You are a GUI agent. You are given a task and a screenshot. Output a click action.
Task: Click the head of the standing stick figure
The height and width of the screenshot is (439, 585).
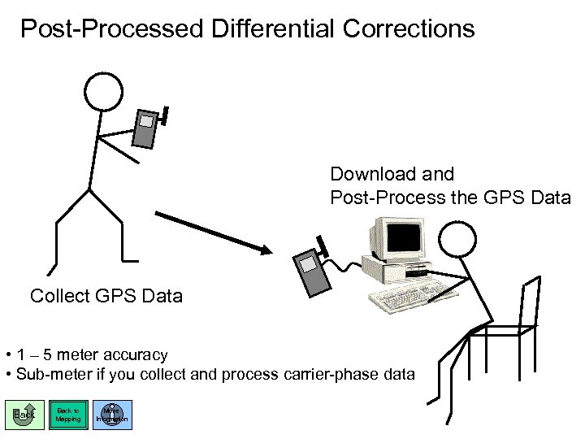(x=104, y=90)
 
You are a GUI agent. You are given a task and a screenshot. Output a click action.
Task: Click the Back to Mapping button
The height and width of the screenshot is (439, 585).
(x=67, y=414)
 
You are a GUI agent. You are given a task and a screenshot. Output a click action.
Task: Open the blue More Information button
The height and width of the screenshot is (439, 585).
(x=111, y=414)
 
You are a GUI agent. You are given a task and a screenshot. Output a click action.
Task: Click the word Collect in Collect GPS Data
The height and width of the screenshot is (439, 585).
(x=59, y=295)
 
